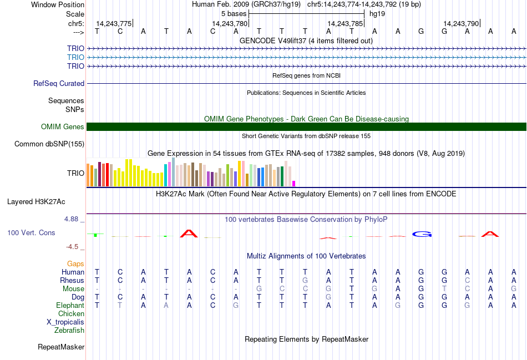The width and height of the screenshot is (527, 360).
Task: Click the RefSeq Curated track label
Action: (59, 83)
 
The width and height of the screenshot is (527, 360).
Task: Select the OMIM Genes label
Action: (63, 126)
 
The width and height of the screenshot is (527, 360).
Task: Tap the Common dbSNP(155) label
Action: (49, 144)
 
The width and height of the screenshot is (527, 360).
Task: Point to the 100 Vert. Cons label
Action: (31, 232)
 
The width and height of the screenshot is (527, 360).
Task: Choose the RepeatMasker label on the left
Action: (61, 347)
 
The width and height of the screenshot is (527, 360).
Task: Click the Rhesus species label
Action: (72, 280)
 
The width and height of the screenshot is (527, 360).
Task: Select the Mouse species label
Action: (74, 288)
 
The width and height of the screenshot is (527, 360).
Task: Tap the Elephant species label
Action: (70, 305)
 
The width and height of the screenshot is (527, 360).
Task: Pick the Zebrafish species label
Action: (69, 330)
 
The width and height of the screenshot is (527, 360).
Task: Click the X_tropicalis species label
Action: (65, 322)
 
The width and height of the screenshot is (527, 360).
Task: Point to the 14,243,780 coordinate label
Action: (230, 24)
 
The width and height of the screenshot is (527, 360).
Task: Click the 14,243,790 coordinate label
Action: (461, 24)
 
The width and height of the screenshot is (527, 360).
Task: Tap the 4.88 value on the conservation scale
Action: (73, 219)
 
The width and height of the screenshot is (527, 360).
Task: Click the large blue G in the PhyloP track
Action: (422, 234)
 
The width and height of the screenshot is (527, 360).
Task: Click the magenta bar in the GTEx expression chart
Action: (294, 183)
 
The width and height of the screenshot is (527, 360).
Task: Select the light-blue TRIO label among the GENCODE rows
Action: (75, 57)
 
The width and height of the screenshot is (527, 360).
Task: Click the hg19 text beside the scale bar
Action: (377, 13)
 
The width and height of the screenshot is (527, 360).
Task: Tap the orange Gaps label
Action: (75, 263)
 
